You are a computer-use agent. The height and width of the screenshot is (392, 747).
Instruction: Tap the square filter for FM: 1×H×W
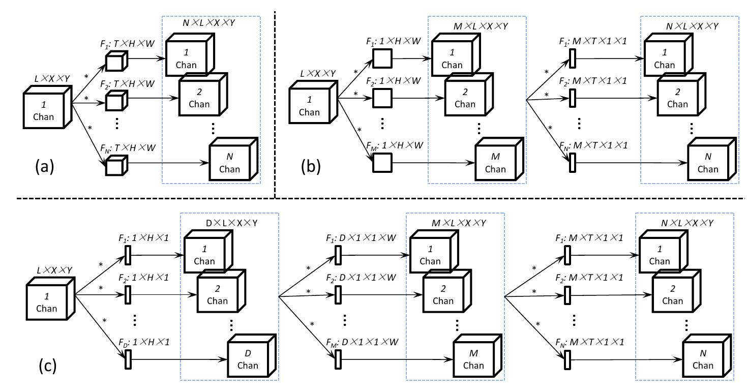(x=381, y=163)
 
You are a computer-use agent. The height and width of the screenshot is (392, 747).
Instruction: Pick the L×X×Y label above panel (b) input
(x=311, y=74)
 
